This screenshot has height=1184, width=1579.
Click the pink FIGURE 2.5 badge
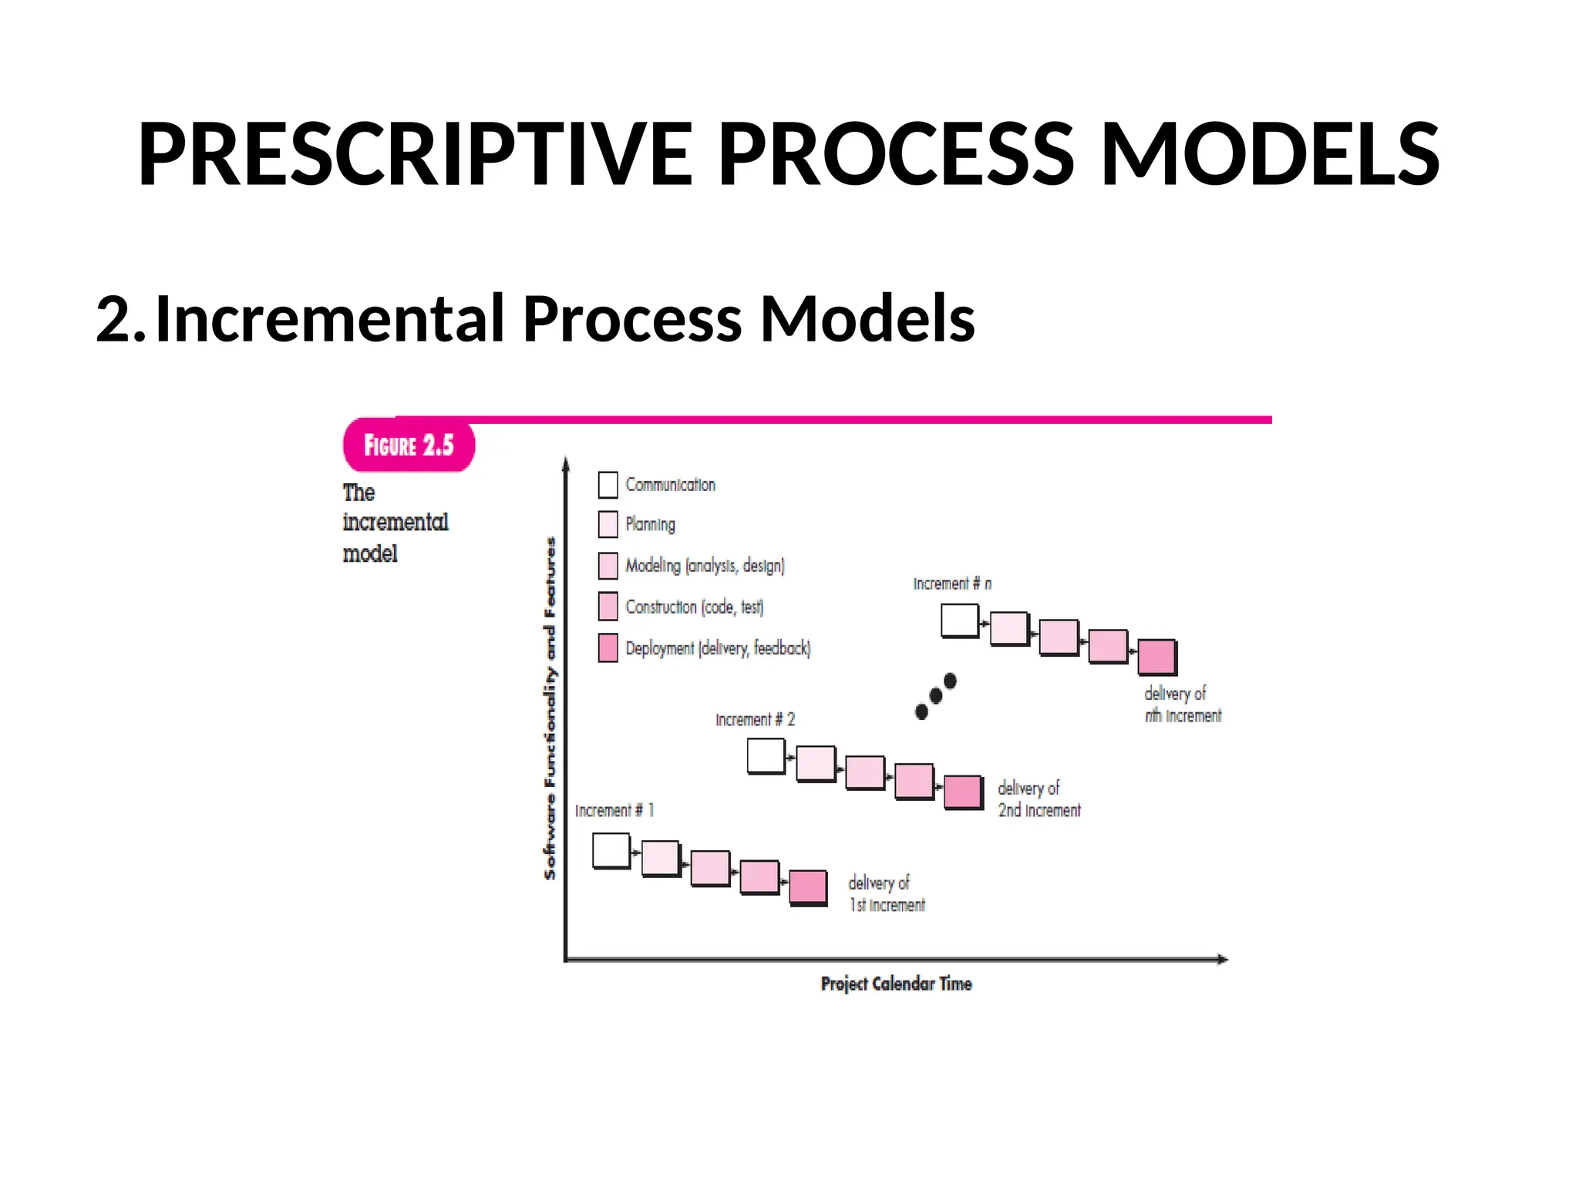pyautogui.click(x=409, y=445)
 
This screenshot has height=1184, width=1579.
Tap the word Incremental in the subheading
pyautogui.click(x=330, y=318)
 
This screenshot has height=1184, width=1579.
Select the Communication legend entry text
pyautogui.click(x=670, y=485)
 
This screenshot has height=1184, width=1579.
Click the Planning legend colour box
pyautogui.click(x=608, y=524)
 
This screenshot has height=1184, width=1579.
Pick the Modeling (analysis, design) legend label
pyautogui.click(x=705, y=566)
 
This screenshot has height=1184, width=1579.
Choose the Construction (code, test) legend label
pyautogui.click(x=694, y=607)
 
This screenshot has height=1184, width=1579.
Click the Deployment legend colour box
pyautogui.click(x=608, y=647)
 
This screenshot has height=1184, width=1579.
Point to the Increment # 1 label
pyautogui.click(x=614, y=810)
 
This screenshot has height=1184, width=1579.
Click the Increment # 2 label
pyautogui.click(x=755, y=720)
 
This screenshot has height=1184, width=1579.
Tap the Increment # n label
pyautogui.click(x=952, y=584)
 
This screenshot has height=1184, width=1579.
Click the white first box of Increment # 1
pyautogui.click(x=611, y=851)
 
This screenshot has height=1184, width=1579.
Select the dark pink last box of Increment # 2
pyautogui.click(x=963, y=792)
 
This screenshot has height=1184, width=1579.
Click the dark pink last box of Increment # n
pyautogui.click(x=1156, y=657)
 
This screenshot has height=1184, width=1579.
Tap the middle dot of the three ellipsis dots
pyautogui.click(x=936, y=696)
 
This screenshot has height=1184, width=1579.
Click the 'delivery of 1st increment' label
pyautogui.click(x=886, y=894)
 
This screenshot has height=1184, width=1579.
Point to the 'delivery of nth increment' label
pyautogui.click(x=1182, y=705)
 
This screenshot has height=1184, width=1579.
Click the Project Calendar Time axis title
pyautogui.click(x=896, y=984)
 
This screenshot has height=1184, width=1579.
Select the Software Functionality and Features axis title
pyautogui.click(x=550, y=708)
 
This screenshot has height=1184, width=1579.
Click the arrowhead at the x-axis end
pyautogui.click(x=1222, y=959)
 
